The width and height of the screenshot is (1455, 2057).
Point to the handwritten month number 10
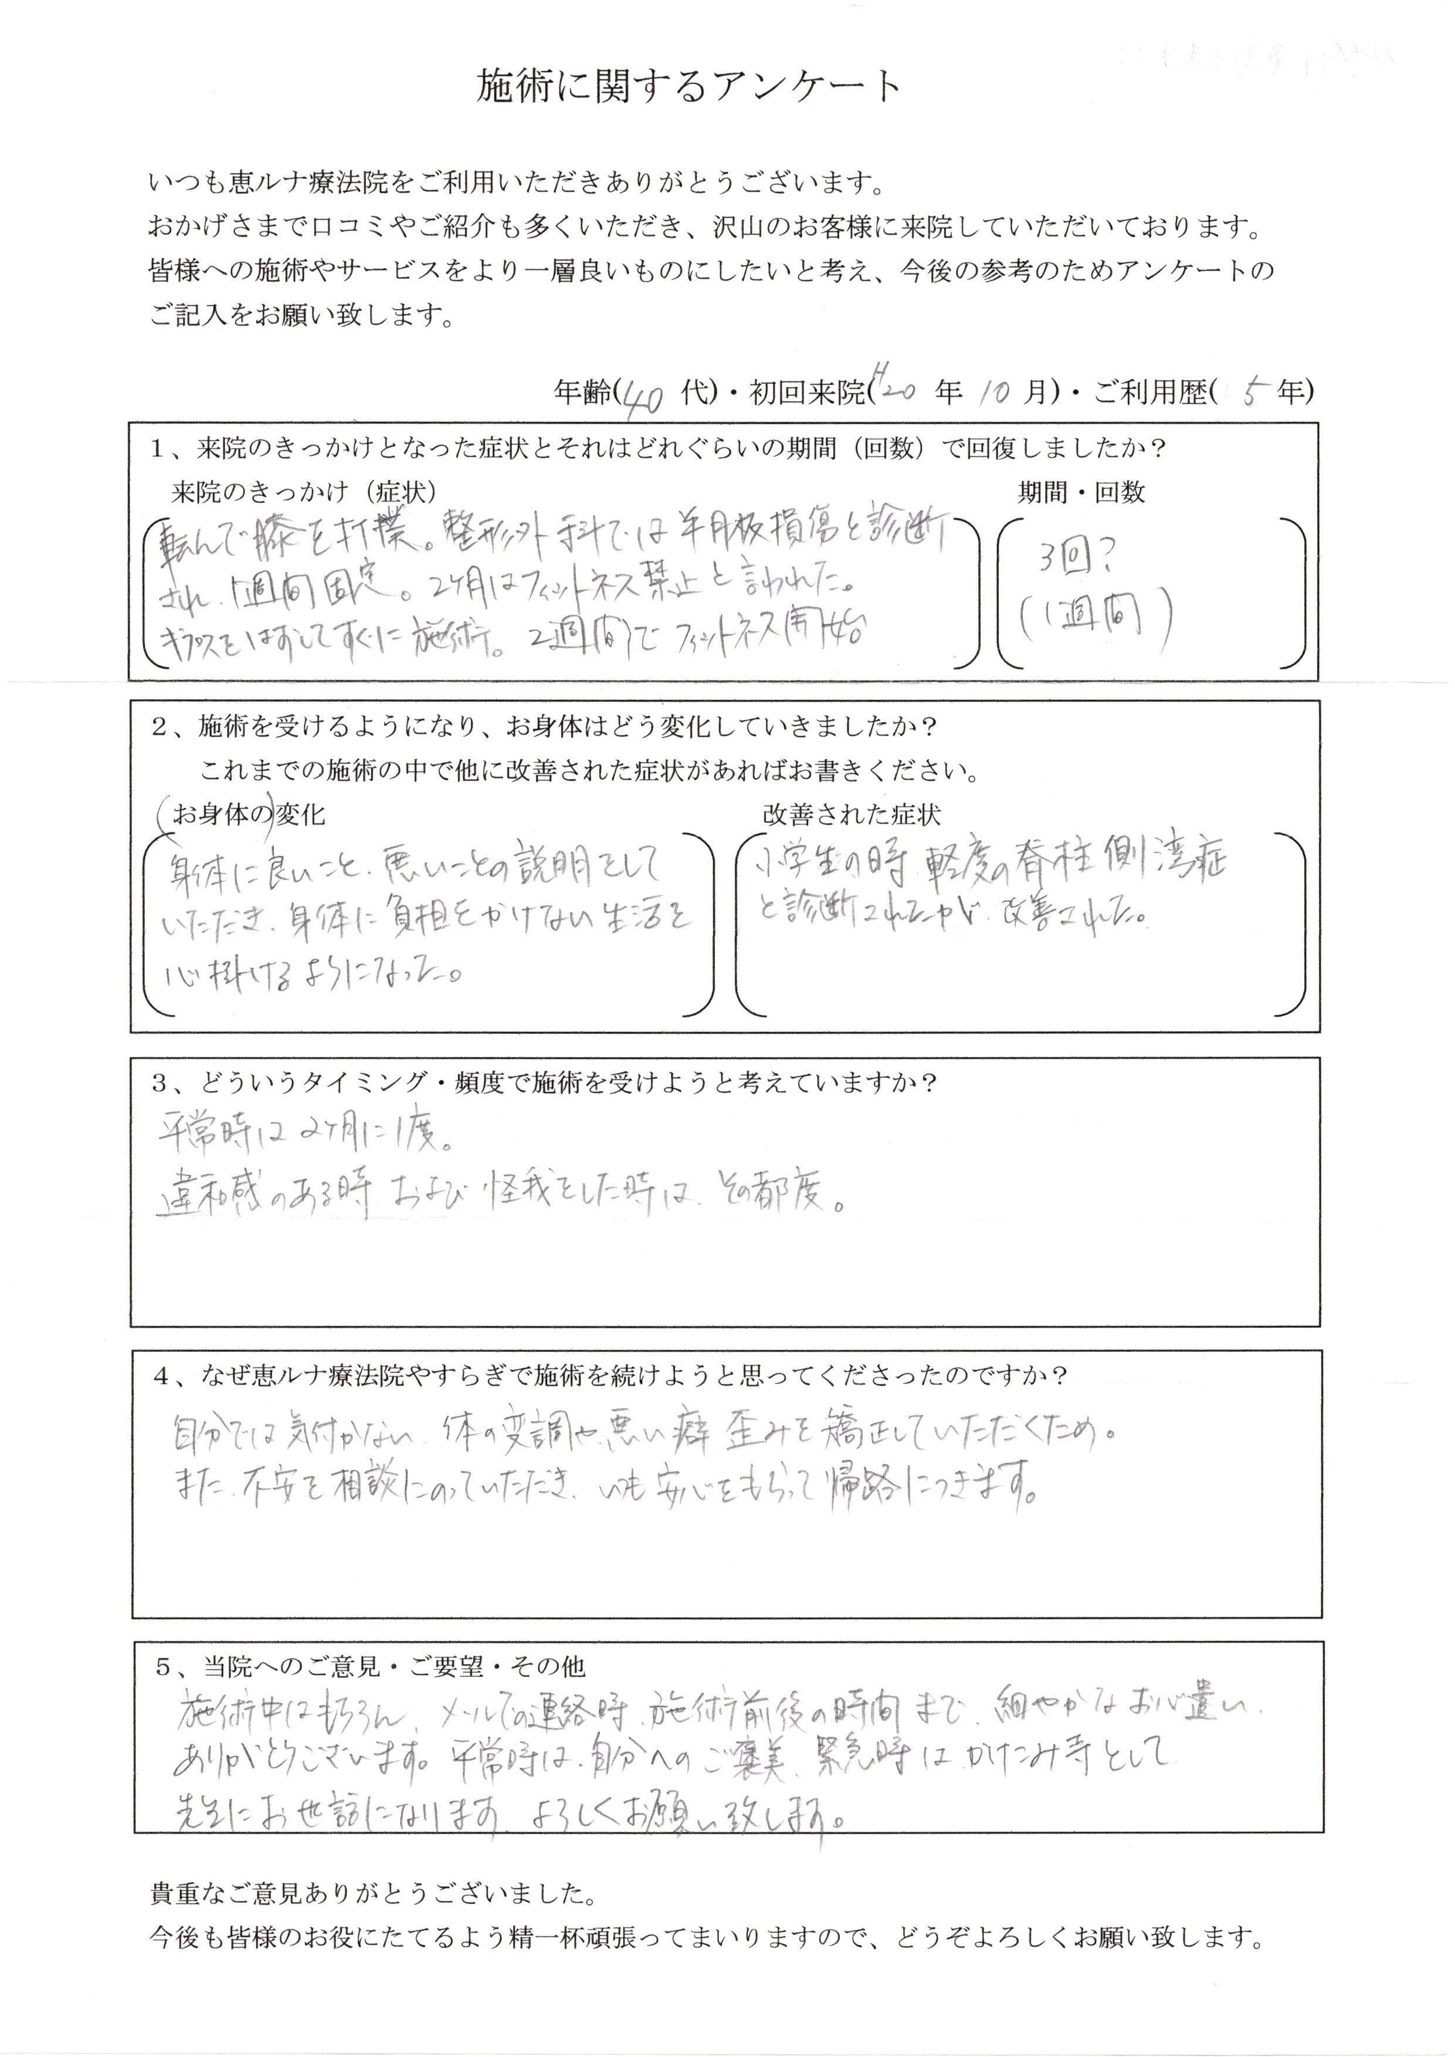[993, 393]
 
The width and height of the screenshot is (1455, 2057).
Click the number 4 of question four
[161, 1376]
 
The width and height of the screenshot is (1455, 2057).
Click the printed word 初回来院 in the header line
[806, 393]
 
